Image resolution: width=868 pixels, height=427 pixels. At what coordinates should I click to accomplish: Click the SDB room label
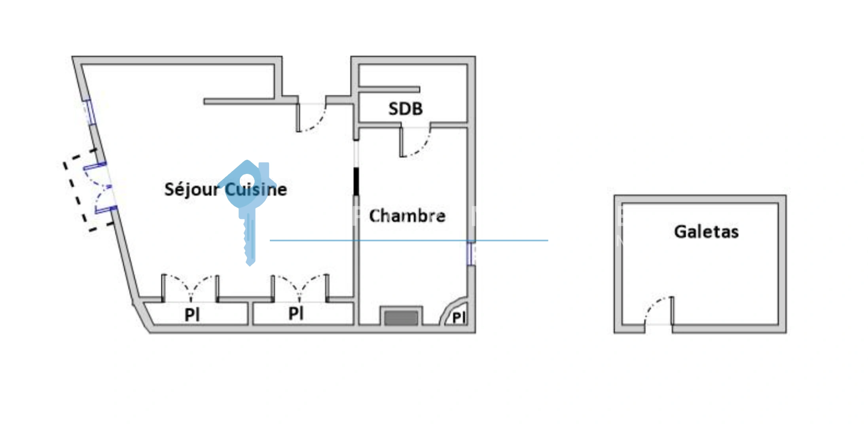tap(406, 109)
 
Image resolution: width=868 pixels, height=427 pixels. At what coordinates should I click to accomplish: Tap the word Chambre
tap(407, 216)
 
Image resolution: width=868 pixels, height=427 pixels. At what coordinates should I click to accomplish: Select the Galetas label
tap(706, 232)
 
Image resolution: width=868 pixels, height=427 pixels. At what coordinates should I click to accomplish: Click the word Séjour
tap(191, 190)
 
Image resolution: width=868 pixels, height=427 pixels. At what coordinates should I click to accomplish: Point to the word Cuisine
tap(256, 189)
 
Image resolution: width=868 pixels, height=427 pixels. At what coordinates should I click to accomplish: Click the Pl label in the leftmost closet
tap(192, 315)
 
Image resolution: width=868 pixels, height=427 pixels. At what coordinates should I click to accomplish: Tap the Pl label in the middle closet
tap(296, 314)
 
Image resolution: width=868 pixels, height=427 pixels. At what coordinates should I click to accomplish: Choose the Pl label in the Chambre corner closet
tap(459, 317)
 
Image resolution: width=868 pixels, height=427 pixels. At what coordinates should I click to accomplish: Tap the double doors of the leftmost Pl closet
tap(191, 287)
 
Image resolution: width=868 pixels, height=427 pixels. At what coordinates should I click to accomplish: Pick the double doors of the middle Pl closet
tap(299, 287)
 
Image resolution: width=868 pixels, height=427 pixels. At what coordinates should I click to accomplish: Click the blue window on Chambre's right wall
tap(470, 253)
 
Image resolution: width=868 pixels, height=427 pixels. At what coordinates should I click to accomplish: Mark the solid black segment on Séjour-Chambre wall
tap(356, 181)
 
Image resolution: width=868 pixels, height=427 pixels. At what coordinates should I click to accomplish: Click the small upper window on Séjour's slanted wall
tap(89, 112)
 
